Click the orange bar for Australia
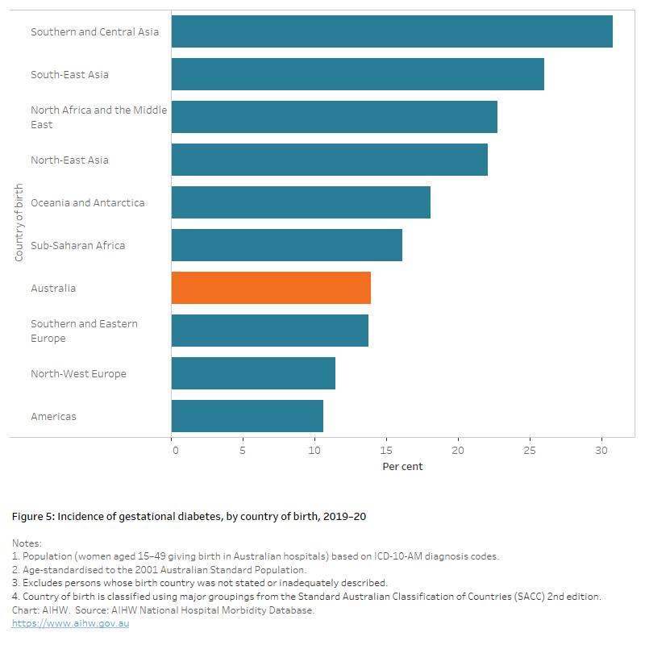pyautogui.click(x=271, y=288)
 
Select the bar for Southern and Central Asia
pyautogui.click(x=392, y=31)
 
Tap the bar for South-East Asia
pyautogui.click(x=357, y=74)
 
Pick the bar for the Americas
pyautogui.click(x=248, y=416)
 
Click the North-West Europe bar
pyautogui.click(x=253, y=373)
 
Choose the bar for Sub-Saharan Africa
pyautogui.click(x=286, y=245)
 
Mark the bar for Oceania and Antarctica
pyautogui.click(x=301, y=202)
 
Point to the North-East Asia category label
pyautogui.click(x=69, y=160)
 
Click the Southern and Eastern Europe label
pyautogui.click(x=84, y=331)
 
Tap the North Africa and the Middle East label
pyautogui.click(x=98, y=117)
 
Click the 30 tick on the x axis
pyautogui.click(x=601, y=450)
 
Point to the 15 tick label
pyautogui.click(x=387, y=450)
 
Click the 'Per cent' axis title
pyautogui.click(x=402, y=466)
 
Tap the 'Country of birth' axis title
pyautogui.click(x=19, y=223)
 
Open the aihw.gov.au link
pyautogui.click(x=70, y=623)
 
